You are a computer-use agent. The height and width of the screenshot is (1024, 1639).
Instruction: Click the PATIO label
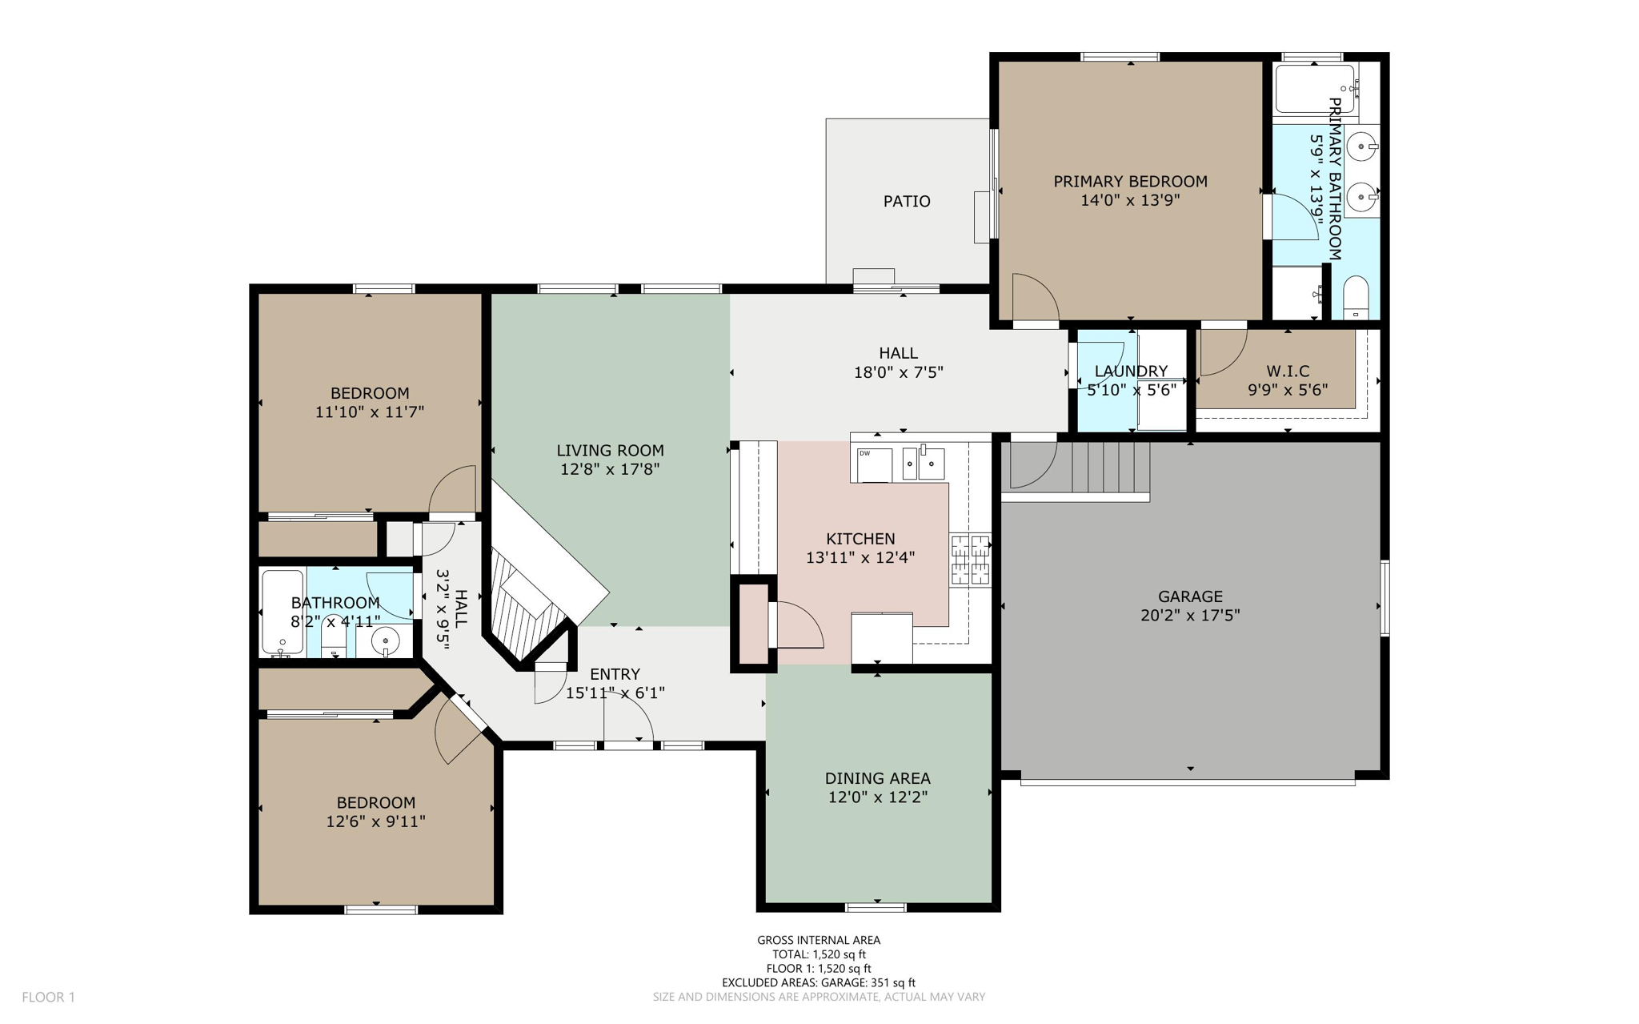[906, 201]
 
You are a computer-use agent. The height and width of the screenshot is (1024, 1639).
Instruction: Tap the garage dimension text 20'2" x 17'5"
[1189, 615]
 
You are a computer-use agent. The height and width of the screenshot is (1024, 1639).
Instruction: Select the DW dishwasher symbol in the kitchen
[874, 464]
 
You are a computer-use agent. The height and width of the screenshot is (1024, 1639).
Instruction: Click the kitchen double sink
[923, 463]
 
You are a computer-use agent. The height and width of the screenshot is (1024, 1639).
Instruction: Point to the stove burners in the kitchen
[970, 560]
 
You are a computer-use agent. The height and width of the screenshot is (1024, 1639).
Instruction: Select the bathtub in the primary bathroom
[1314, 89]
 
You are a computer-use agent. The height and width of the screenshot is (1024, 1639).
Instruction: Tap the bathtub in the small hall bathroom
[283, 612]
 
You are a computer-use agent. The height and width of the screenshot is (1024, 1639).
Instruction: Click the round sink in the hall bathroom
[385, 641]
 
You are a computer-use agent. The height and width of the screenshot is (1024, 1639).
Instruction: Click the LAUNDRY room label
[1130, 371]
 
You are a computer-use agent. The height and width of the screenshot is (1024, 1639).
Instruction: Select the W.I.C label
[1287, 371]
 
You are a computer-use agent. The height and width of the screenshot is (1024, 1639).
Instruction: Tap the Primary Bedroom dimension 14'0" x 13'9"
[1130, 200]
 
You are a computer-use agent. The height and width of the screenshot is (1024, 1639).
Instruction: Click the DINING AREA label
[877, 777]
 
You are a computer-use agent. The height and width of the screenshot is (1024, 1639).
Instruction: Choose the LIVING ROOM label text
[610, 450]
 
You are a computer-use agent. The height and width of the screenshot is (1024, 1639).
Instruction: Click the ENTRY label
[615, 673]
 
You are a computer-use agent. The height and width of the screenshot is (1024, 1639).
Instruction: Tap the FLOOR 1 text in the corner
[48, 997]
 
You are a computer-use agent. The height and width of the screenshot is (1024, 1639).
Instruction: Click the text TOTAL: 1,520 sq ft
[818, 954]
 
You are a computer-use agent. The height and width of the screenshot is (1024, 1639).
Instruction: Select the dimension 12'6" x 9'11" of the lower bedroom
[375, 821]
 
